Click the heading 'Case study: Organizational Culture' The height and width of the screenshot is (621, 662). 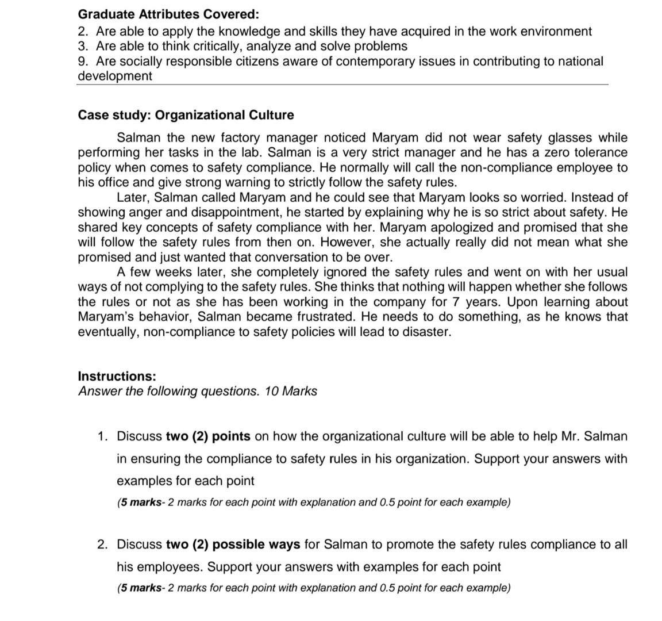[x=186, y=115]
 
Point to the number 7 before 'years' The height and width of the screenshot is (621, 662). [x=455, y=302]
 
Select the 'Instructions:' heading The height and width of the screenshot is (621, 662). [x=117, y=377]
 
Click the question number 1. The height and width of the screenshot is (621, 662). [x=102, y=436]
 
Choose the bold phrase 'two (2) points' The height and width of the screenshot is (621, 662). [x=208, y=436]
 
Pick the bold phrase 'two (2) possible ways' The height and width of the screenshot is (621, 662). [x=233, y=545]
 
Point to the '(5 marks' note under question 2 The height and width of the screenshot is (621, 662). [x=140, y=588]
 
